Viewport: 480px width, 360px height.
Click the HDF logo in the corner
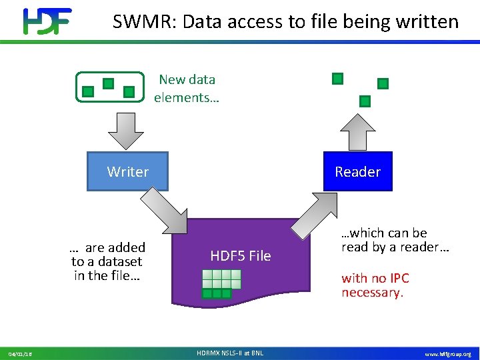point(47,21)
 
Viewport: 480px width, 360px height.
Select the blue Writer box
point(128,171)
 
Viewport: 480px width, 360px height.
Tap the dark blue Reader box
point(357,171)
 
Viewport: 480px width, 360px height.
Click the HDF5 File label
point(240,255)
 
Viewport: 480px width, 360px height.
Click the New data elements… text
point(187,89)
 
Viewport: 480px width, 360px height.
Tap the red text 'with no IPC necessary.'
point(375,285)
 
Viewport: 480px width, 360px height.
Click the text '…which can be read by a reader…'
point(395,240)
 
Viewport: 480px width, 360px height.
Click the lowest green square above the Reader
point(365,101)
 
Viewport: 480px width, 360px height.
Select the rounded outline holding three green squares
point(110,87)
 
